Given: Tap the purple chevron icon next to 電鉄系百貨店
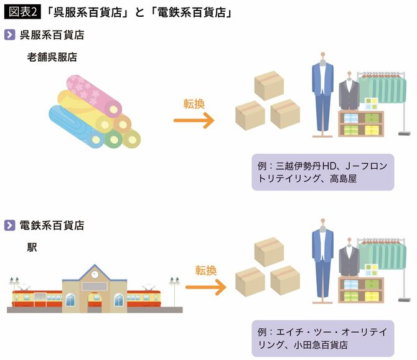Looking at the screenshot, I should pyautogui.click(x=9, y=225).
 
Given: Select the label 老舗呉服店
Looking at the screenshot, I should pyautogui.click(x=52, y=57).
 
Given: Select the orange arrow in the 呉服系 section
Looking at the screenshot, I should pyautogui.click(x=195, y=120).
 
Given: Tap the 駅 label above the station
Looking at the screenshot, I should pyautogui.click(x=32, y=247).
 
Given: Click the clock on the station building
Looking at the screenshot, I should pyautogui.click(x=95, y=273).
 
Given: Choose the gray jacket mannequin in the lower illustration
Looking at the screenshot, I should pyautogui.click(x=349, y=262).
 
